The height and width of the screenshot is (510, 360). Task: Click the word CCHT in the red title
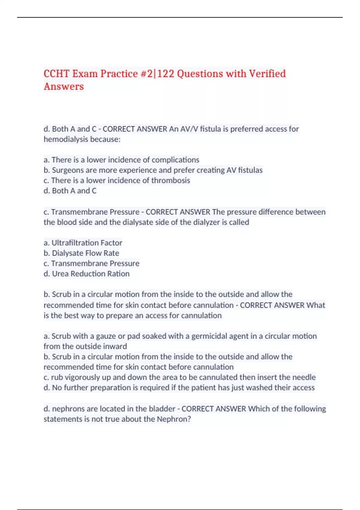(56, 74)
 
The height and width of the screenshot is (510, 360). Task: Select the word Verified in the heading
(267, 74)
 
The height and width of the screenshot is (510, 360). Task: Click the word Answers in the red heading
(64, 87)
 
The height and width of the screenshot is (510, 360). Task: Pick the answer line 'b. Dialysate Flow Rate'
(81, 253)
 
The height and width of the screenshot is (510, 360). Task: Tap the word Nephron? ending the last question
(174, 419)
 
